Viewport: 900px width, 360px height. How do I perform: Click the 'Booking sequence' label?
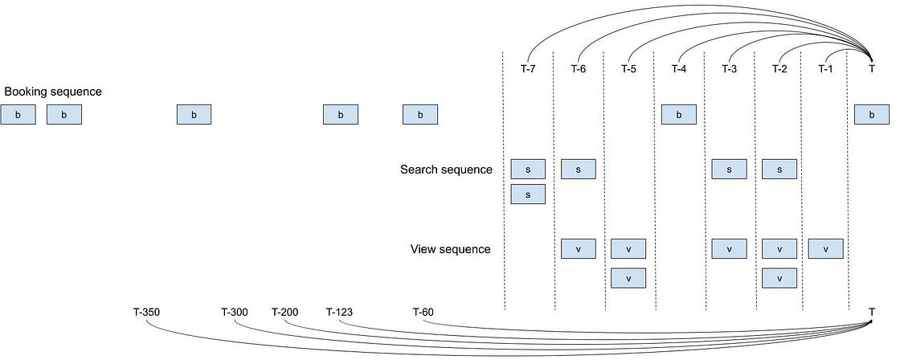pos(53,92)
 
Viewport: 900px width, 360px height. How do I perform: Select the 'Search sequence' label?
pos(446,170)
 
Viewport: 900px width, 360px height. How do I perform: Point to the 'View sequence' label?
pos(450,249)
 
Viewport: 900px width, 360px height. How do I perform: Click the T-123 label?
pos(339,311)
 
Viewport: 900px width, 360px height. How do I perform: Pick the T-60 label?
pos(423,311)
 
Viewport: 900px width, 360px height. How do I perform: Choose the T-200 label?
pos(284,311)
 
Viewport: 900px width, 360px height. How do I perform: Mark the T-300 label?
pos(235,311)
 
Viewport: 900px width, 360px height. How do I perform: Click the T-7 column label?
pos(528,69)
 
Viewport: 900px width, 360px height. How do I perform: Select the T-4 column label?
pos(679,69)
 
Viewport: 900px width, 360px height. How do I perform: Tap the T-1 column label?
pos(825,69)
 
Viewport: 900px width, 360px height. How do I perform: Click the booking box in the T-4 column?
pos(679,116)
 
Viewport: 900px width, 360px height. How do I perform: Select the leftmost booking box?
pos(18,116)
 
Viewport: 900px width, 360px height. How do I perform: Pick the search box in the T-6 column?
pos(579,169)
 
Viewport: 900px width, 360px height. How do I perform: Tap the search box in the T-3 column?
pos(729,169)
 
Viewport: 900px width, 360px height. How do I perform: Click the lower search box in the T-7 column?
pos(528,194)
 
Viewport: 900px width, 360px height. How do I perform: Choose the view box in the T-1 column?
pos(825,248)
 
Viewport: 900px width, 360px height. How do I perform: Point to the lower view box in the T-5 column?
pos(628,277)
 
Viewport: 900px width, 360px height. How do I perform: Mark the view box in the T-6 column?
pos(579,248)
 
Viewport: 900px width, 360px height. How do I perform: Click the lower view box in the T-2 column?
pos(779,277)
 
